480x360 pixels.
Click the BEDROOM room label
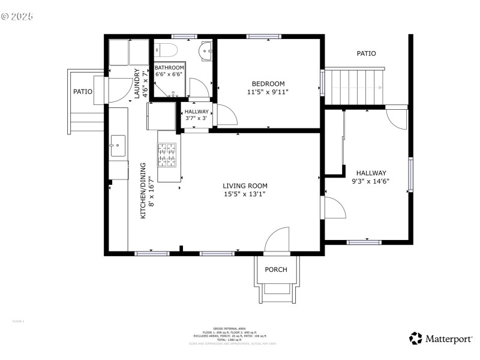point(268,83)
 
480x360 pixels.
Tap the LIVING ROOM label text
point(245,186)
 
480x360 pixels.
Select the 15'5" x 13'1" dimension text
point(245,194)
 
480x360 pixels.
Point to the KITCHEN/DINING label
point(143,190)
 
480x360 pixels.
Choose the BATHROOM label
point(169,68)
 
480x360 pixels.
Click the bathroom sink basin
point(206,51)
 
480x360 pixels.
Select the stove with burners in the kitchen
point(167,154)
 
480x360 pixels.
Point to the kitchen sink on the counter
point(118,143)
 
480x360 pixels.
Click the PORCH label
point(276,269)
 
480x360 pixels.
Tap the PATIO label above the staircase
point(366,53)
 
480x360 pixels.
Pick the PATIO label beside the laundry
point(83,92)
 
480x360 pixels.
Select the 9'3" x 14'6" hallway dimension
point(370,181)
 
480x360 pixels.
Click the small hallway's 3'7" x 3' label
point(197,118)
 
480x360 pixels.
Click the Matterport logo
point(441,339)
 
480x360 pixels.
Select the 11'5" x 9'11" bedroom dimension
point(268,92)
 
